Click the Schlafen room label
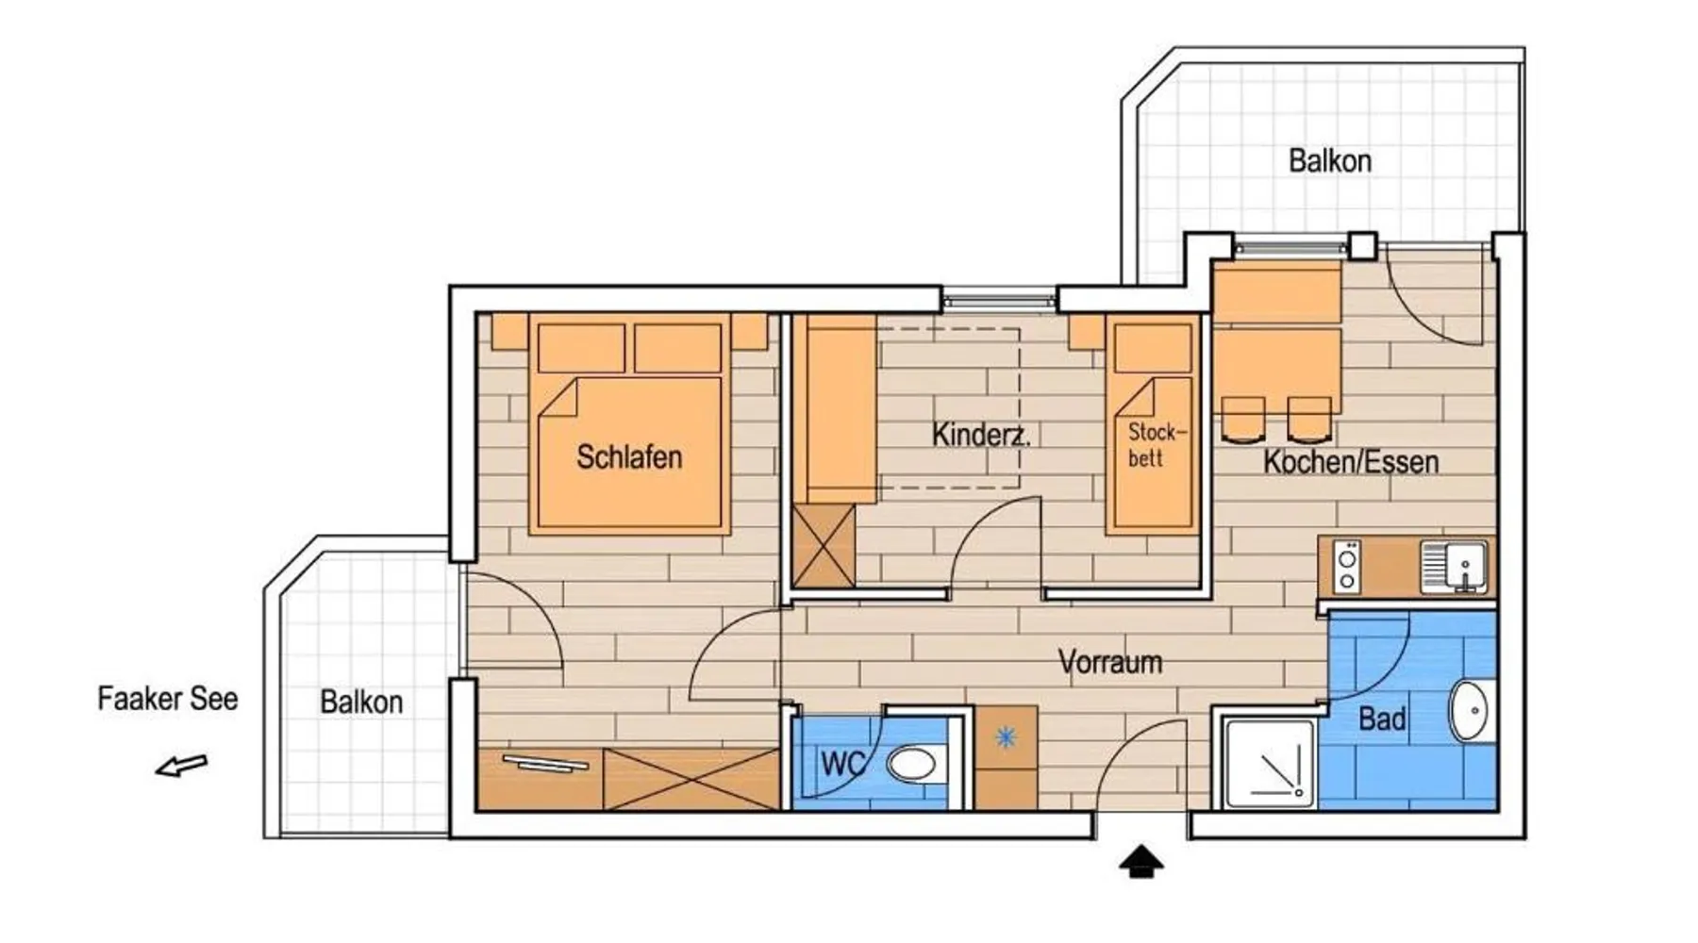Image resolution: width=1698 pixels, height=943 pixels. [x=629, y=457]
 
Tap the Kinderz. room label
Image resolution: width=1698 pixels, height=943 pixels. [x=981, y=435]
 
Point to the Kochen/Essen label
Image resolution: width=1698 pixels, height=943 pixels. [x=1351, y=462]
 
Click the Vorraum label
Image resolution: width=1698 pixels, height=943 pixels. [x=1110, y=662]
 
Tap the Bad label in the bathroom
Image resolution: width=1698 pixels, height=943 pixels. [x=1382, y=720]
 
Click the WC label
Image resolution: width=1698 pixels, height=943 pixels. [x=842, y=764]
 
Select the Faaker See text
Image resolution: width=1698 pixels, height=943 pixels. [x=168, y=699]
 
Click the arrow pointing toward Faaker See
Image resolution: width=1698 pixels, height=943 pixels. [x=181, y=766]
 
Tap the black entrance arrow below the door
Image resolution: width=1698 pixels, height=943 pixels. [x=1141, y=861]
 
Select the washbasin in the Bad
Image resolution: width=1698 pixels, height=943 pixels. [x=1469, y=710]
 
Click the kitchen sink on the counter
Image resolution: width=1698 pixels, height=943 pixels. [x=1455, y=566]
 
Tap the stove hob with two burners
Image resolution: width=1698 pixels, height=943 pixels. [x=1347, y=566]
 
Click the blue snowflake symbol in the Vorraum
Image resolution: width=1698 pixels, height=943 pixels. [x=1006, y=736]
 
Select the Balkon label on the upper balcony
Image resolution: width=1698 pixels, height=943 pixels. [x=1330, y=161]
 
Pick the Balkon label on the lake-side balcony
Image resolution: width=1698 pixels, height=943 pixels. [x=361, y=703]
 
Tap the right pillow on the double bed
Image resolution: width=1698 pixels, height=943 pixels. [x=677, y=348]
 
